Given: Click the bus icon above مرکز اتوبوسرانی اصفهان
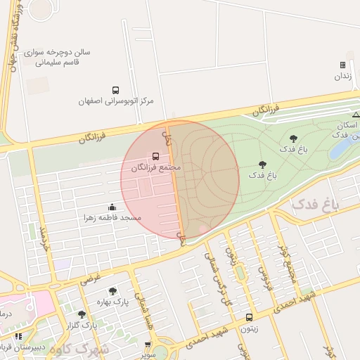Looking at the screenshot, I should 115,90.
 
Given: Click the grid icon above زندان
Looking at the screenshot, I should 342,65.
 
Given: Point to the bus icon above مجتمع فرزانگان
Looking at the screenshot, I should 155,157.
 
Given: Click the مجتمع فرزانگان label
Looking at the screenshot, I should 155,168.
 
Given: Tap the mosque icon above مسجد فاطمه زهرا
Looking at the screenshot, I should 112,207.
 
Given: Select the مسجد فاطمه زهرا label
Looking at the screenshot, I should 112,217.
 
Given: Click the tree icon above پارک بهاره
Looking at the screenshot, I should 112,291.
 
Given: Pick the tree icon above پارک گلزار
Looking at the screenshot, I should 82,314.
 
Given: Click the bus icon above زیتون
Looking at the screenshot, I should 250,317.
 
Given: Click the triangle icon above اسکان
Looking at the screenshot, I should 356,114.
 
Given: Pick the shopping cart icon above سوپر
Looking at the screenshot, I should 147,345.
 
